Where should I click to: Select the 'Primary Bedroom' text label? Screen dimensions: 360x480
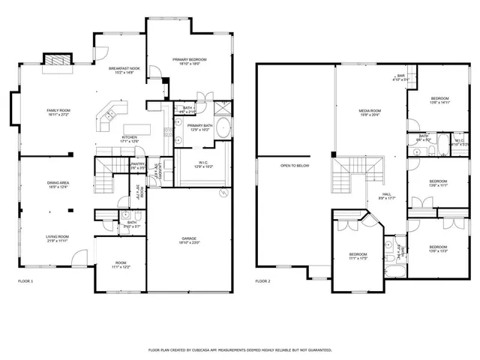pyautogui.click(x=189, y=61)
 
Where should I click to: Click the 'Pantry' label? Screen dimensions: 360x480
pyautogui.click(x=137, y=165)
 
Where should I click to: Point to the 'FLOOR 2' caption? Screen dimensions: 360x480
pyautogui.click(x=262, y=281)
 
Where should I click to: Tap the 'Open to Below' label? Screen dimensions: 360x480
pyautogui.click(x=295, y=165)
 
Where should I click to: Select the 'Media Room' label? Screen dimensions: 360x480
pyautogui.click(x=370, y=112)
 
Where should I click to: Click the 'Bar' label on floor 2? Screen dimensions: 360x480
pyautogui.click(x=400, y=76)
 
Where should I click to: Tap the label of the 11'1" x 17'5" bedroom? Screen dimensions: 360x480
pyautogui.click(x=357, y=256)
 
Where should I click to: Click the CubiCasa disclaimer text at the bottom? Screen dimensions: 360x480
pyautogui.click(x=240, y=349)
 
